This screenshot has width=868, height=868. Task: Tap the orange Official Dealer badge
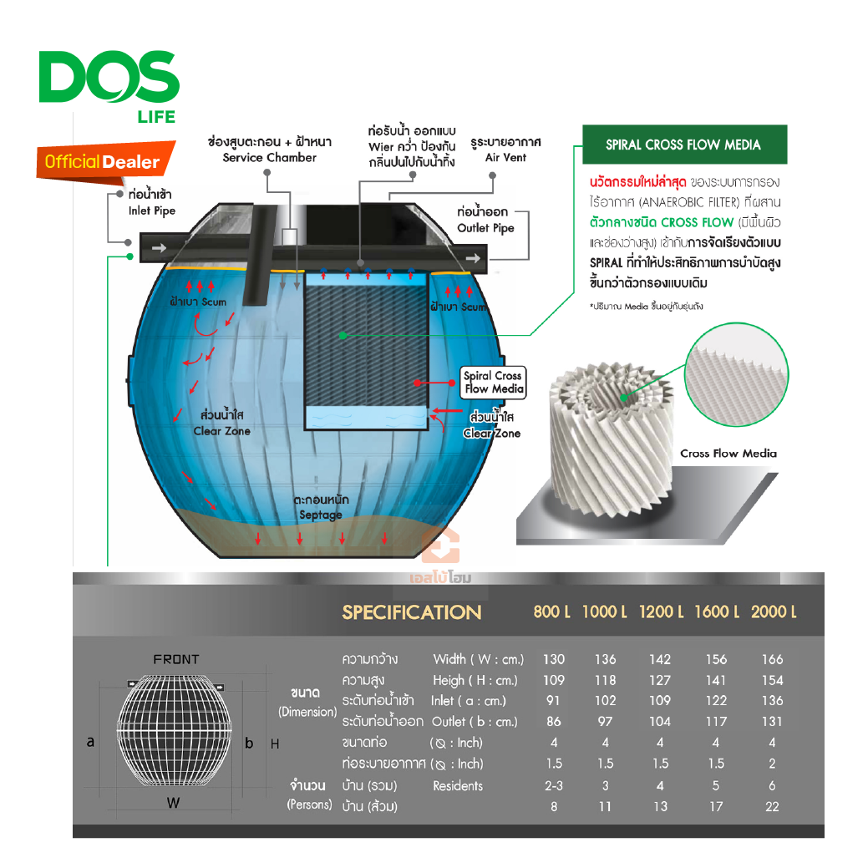coord(105,161)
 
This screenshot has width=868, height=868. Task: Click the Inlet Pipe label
coord(151,203)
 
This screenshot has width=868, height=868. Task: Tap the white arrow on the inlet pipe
coord(160,248)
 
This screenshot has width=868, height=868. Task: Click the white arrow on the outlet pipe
coord(473,258)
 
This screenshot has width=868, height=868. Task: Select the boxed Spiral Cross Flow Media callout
coord(493,382)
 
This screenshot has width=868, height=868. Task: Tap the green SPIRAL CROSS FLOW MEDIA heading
coord(684,145)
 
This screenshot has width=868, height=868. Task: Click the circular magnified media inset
coord(736,375)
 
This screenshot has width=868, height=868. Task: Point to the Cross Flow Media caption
coord(728,454)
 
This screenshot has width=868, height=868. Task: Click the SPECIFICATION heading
coord(411,612)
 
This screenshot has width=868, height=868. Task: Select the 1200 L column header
coord(661,612)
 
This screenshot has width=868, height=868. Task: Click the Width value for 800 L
coord(554,659)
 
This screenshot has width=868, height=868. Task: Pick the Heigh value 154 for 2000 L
coord(772,680)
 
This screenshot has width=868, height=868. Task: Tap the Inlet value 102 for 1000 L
coord(605,701)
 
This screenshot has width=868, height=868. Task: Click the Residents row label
coord(458,786)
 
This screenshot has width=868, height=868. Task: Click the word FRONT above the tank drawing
coord(176,659)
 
